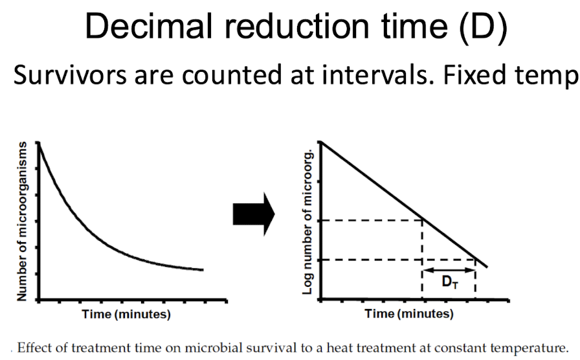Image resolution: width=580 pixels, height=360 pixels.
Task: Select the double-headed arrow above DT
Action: (449, 269)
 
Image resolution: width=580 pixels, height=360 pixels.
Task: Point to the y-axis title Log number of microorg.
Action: (309, 220)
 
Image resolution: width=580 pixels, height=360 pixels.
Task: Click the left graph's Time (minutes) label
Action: (126, 315)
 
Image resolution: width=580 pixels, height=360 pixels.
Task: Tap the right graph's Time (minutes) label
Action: (409, 315)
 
